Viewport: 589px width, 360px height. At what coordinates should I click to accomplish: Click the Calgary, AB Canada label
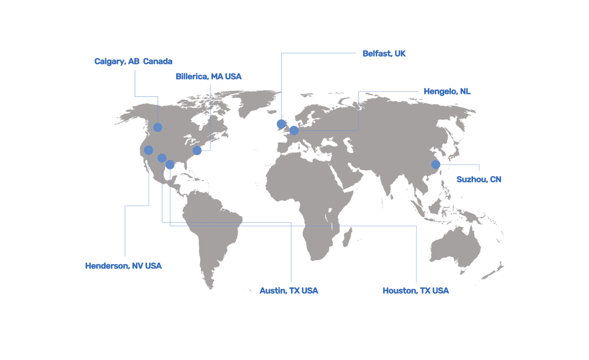click(x=133, y=61)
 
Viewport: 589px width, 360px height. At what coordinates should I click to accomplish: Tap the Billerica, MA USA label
click(x=208, y=77)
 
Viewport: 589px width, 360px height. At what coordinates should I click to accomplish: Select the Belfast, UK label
click(x=384, y=54)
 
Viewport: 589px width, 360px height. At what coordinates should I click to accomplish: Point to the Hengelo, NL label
click(x=447, y=92)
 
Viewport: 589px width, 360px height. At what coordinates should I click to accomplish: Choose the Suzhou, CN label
click(x=479, y=179)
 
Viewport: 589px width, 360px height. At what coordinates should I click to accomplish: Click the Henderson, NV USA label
click(x=123, y=266)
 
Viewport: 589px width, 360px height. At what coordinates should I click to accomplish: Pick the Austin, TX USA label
click(x=288, y=291)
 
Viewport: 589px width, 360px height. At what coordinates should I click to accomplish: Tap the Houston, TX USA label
click(x=415, y=291)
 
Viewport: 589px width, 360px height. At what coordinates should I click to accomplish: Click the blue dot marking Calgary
click(x=158, y=127)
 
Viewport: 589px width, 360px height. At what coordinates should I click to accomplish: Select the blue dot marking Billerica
click(x=197, y=150)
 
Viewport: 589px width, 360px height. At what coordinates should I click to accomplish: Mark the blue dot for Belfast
click(x=281, y=124)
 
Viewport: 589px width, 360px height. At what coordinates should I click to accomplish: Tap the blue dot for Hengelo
click(x=294, y=130)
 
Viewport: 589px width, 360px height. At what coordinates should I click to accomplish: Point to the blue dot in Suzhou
click(x=436, y=164)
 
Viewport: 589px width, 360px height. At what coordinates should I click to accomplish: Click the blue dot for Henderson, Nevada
click(x=148, y=150)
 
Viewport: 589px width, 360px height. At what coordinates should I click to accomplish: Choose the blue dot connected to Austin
click(x=162, y=158)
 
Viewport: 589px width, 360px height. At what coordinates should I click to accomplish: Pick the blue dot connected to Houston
click(x=170, y=165)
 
